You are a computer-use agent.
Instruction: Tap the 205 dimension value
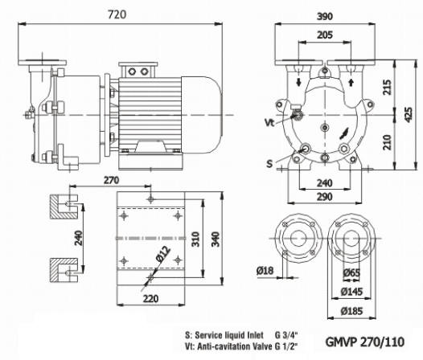(323, 35)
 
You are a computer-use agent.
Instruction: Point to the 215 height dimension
(388, 86)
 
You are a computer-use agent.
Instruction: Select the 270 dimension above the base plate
(111, 181)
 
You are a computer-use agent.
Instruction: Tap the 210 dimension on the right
(388, 142)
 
